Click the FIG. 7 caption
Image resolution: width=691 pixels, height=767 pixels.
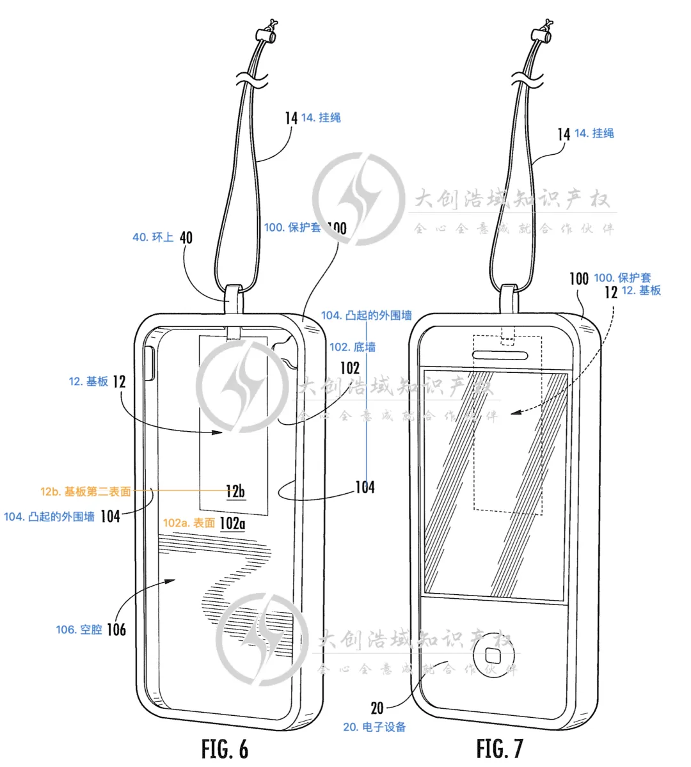[500, 748]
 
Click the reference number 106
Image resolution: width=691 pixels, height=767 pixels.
[116, 629]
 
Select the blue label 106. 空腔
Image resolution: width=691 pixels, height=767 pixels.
[79, 629]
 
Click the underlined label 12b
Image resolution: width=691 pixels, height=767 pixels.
[235, 491]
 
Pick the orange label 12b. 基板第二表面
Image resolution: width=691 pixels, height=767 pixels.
[85, 491]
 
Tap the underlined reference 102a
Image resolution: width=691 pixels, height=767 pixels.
[232, 523]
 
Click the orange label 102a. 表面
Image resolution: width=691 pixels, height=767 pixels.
[189, 523]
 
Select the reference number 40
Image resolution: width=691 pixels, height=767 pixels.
[186, 237]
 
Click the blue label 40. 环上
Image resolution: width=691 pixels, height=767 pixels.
[153, 237]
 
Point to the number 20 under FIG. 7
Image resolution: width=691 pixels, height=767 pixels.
[377, 708]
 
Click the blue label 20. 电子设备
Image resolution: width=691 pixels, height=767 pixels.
[374, 727]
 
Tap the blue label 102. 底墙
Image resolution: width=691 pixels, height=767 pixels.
[353, 347]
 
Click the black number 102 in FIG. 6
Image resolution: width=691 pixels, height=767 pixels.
[350, 368]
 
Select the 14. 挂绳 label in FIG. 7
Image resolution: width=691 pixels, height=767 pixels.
[594, 133]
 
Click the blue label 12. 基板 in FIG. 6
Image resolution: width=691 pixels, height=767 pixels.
[88, 381]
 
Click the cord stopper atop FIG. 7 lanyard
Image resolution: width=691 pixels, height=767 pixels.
[543, 33]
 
